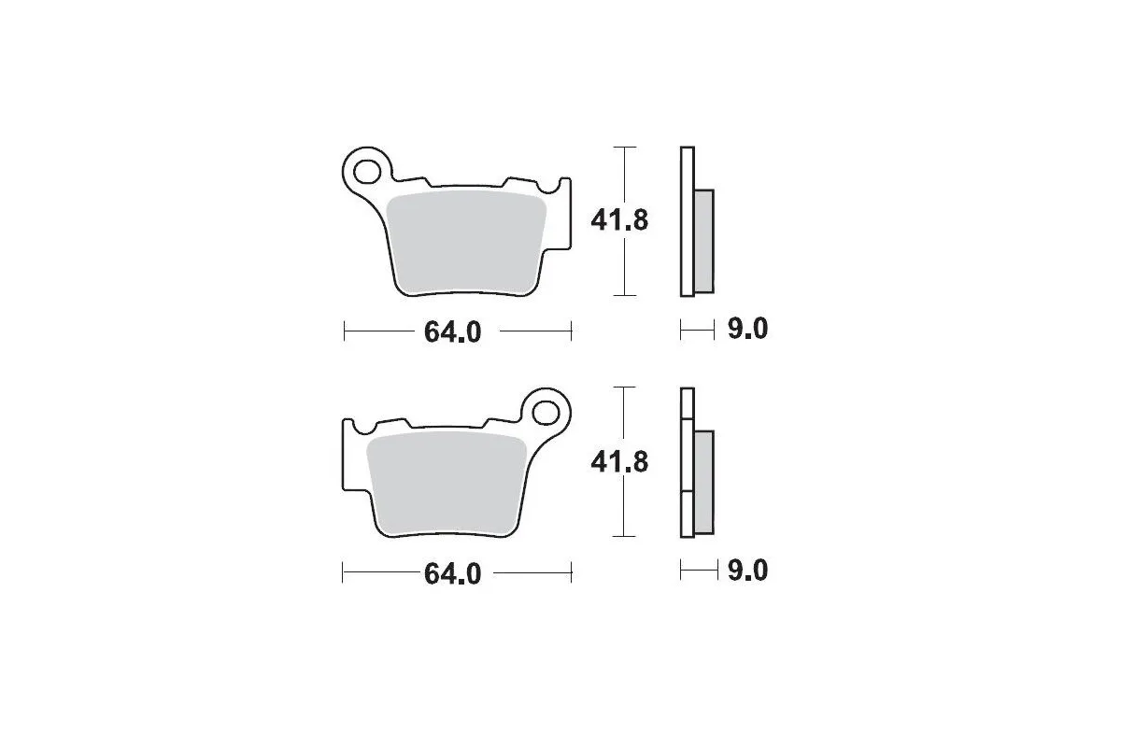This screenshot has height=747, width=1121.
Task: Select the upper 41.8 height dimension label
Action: pos(618,221)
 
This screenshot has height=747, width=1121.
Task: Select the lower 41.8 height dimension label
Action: pos(618,461)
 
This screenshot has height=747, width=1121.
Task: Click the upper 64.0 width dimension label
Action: pos(453,331)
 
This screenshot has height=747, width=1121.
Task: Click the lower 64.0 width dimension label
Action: pos(453,572)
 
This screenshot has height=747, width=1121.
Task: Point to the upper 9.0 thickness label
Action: pos(746,330)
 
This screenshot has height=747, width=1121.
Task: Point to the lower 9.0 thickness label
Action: pos(746,570)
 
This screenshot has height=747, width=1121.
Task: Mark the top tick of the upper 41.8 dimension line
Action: pos(623,148)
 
